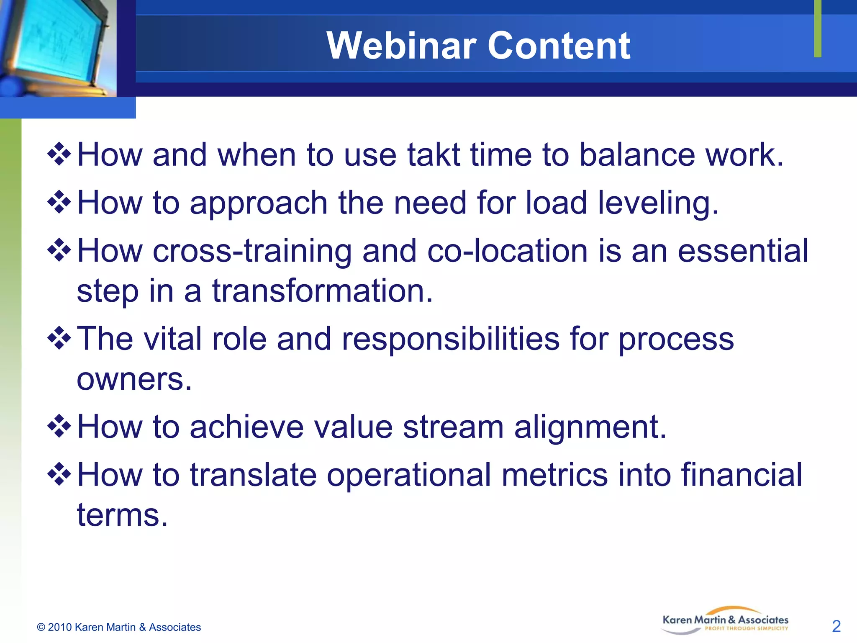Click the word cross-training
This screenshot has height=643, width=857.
[252, 251]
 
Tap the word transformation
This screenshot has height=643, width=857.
[322, 291]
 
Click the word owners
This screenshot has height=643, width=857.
[134, 379]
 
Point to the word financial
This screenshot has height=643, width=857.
[741, 475]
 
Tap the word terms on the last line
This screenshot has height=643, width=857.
[122, 515]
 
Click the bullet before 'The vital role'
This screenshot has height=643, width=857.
[59, 338]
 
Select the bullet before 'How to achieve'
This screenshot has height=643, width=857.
[59, 426]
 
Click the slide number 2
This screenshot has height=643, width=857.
[836, 626]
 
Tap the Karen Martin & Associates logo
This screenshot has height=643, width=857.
[725, 621]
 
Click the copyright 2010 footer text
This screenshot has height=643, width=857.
[119, 627]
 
